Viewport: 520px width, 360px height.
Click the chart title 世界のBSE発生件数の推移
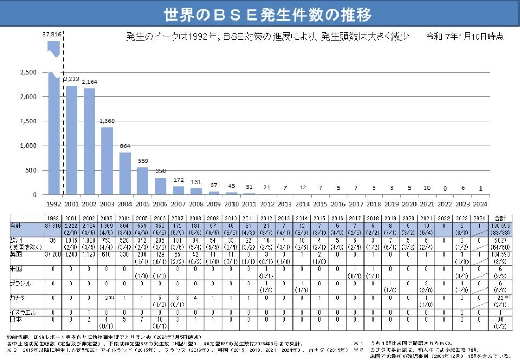[x=260, y=13]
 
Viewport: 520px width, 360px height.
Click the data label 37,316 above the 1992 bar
[x=52, y=34]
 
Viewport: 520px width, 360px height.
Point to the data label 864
[x=125, y=146]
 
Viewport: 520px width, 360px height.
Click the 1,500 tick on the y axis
[x=28, y=121]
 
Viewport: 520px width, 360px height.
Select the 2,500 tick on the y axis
[x=28, y=73]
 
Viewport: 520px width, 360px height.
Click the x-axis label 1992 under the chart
[x=53, y=205]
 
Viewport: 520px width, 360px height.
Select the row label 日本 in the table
[x=17, y=319]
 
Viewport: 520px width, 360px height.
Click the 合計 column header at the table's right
[x=499, y=218]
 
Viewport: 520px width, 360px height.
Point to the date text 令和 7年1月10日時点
[x=465, y=37]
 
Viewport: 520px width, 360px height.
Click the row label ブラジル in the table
[x=20, y=283]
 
